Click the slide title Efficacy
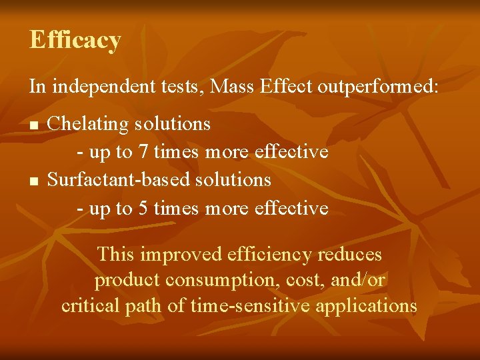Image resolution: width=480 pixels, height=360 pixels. click(x=75, y=40)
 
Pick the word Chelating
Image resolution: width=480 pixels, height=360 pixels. click(x=85, y=124)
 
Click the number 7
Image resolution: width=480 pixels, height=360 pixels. click(x=143, y=152)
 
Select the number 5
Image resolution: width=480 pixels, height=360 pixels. click(x=143, y=209)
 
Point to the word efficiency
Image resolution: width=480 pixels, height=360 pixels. click(x=269, y=255)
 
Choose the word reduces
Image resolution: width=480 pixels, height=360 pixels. click(x=350, y=255)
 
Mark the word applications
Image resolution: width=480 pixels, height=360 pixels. click(x=366, y=307)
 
